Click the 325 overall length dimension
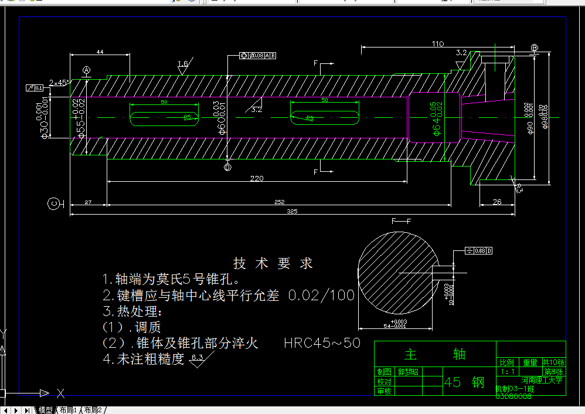pyautogui.click(x=291, y=211)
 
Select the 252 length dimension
pyautogui.click(x=280, y=202)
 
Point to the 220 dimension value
pyautogui.click(x=257, y=178)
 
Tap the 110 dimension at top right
pyautogui.click(x=437, y=44)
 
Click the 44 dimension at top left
pyautogui.click(x=100, y=52)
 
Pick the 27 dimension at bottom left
pyautogui.click(x=88, y=202)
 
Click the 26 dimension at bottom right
pyautogui.click(x=497, y=202)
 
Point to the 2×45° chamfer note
pyautogui.click(x=59, y=83)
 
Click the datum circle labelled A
pyautogui.click(x=87, y=71)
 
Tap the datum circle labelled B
pyautogui.click(x=534, y=47)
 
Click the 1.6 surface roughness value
pyautogui.click(x=182, y=64)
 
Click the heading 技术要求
pyautogui.click(x=273, y=263)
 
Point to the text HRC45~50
pyautogui.click(x=322, y=343)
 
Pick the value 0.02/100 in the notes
pyautogui.click(x=322, y=295)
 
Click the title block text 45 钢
pyautogui.click(x=464, y=382)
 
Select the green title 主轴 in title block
pyautogui.click(x=435, y=354)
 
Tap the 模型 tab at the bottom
pyautogui.click(x=46, y=410)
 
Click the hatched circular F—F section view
pyautogui.click(x=399, y=272)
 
